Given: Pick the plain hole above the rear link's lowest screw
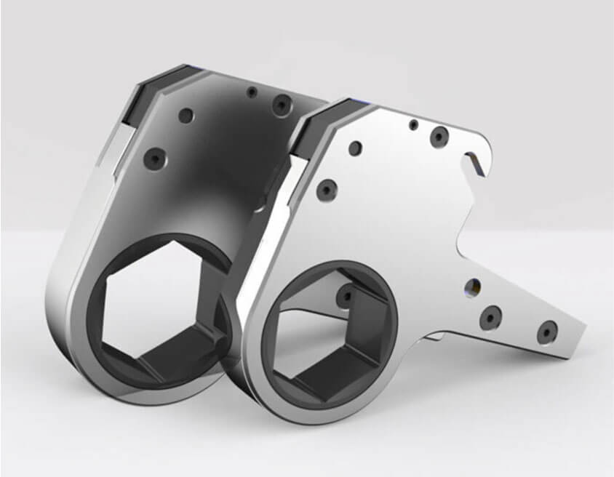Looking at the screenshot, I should coord(186,116).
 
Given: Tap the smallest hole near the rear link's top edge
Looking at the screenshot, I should coord(250,92).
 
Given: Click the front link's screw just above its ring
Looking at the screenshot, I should coord(326,190).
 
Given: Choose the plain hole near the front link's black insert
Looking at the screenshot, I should coord(354,149).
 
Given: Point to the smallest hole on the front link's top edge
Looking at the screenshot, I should coord(412,124).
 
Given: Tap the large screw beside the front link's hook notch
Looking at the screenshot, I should coord(439,137).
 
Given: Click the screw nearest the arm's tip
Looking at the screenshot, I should coord(546,332).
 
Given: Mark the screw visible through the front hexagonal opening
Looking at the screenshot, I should coord(345,294).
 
